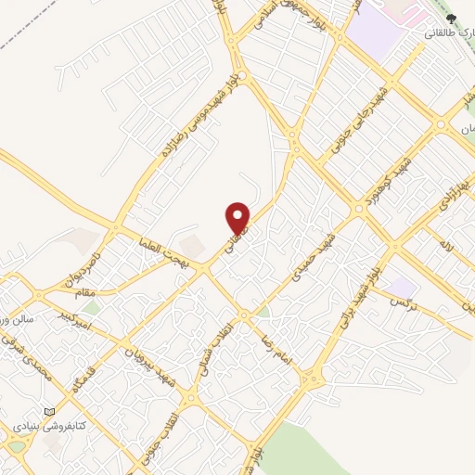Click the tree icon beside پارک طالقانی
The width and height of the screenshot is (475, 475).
451,18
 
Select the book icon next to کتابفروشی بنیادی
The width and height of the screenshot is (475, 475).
49,412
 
